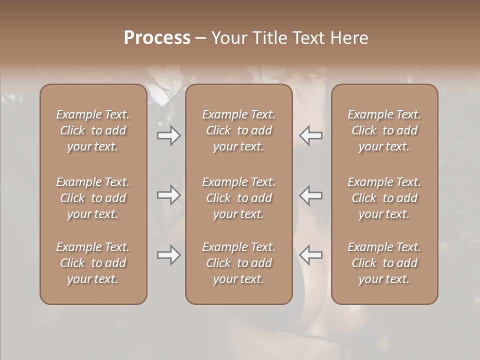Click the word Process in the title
click(x=157, y=38)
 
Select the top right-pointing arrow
click(x=169, y=135)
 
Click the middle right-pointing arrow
click(x=169, y=195)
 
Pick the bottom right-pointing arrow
click(x=169, y=255)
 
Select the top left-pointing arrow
click(x=311, y=135)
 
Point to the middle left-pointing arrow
click(x=311, y=195)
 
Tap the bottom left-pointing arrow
click(x=311, y=255)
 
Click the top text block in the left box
click(x=93, y=130)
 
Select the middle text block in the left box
click(x=93, y=198)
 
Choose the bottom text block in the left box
click(x=93, y=263)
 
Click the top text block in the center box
click(x=238, y=130)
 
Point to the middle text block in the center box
click(x=238, y=198)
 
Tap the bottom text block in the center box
click(x=238, y=263)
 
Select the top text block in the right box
click(x=384, y=130)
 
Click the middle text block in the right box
click(x=384, y=198)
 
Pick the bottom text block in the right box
click(x=384, y=263)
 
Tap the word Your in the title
click(x=228, y=38)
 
